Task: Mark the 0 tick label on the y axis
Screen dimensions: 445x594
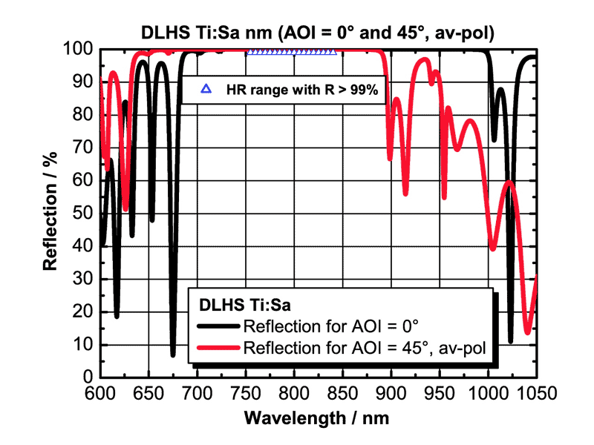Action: [x=87, y=378]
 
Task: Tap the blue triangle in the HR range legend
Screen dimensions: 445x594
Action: [x=206, y=89]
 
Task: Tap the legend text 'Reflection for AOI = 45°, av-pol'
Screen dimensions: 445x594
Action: [x=364, y=348]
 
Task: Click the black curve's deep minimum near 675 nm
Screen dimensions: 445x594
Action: [x=173, y=355]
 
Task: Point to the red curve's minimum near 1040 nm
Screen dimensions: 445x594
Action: [x=527, y=332]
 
